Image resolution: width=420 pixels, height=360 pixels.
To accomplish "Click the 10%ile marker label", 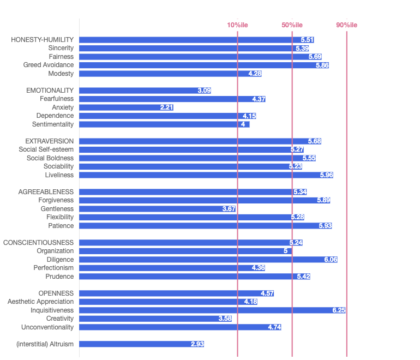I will [237, 25].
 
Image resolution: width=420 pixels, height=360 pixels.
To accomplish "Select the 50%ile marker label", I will [292, 25].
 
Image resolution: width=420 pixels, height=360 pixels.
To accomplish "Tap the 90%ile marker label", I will [346, 25].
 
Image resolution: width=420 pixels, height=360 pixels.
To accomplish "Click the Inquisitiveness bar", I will [213, 310].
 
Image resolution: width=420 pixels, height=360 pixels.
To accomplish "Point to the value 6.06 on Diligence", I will [330, 260].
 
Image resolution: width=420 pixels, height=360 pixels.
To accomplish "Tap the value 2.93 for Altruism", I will [197, 344].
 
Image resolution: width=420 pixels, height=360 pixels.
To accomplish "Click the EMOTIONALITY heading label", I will [50, 91].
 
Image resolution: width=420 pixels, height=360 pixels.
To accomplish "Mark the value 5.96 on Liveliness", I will [326, 175].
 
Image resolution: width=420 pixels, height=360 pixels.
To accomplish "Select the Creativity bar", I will [155, 319].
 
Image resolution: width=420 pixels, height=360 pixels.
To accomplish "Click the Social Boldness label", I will [50, 158].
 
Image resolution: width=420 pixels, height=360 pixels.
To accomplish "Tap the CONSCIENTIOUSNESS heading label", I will [39, 243].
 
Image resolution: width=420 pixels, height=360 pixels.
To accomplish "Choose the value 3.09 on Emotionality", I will [204, 91].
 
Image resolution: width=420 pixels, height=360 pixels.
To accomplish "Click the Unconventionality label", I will [47, 327].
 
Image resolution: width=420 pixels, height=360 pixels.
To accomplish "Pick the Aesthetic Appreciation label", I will [40, 302].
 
